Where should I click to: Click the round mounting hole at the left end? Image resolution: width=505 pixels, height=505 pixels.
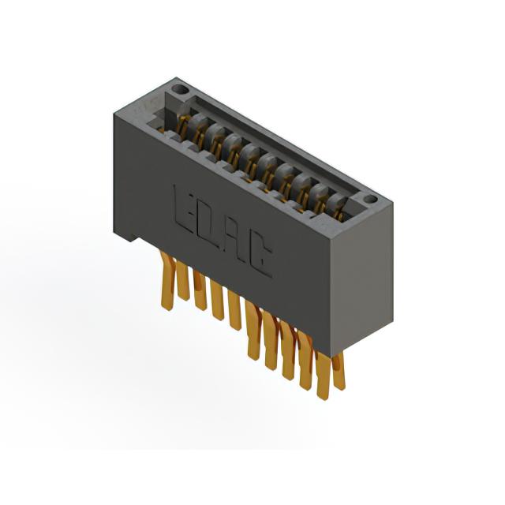click(180, 88)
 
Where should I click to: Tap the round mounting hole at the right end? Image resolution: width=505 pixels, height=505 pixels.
click(371, 200)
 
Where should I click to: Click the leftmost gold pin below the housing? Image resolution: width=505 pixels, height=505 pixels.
click(167, 281)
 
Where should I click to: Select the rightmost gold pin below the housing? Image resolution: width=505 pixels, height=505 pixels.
click(339, 371)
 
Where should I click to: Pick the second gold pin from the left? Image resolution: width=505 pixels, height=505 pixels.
click(182, 281)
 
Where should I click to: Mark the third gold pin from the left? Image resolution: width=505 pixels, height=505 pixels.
click(200, 290)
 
